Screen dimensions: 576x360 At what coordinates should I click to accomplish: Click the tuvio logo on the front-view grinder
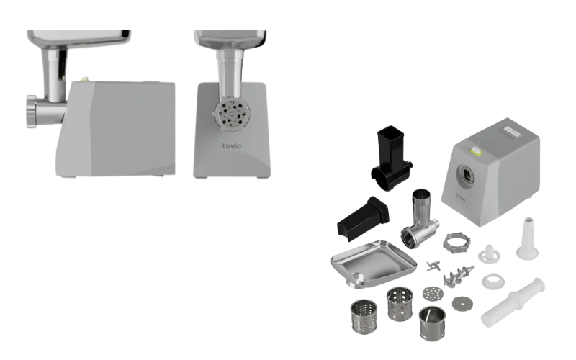pos(232,146)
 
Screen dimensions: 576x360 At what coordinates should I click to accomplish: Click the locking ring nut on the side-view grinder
pos(31,112)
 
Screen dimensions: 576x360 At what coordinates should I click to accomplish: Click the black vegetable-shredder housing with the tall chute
pos(391,158)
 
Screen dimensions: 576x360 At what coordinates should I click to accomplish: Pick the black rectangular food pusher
pos(363,219)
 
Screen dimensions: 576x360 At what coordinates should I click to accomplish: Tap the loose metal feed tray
pos(373,264)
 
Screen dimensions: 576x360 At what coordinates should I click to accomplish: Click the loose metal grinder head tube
pos(420,220)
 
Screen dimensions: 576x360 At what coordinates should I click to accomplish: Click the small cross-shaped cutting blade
pos(433,265)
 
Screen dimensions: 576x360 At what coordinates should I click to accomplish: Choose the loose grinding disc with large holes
pos(433,293)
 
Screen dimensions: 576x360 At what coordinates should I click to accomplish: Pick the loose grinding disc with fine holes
pos(462,304)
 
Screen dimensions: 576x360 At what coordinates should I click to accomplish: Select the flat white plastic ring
pos(493,281)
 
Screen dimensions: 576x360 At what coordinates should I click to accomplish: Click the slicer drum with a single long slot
pos(433,323)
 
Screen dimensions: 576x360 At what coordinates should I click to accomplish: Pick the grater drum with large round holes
pos(400,304)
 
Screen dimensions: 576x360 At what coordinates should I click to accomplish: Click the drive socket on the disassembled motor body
pos(467,174)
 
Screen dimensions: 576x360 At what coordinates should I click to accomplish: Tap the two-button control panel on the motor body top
pos(513,132)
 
